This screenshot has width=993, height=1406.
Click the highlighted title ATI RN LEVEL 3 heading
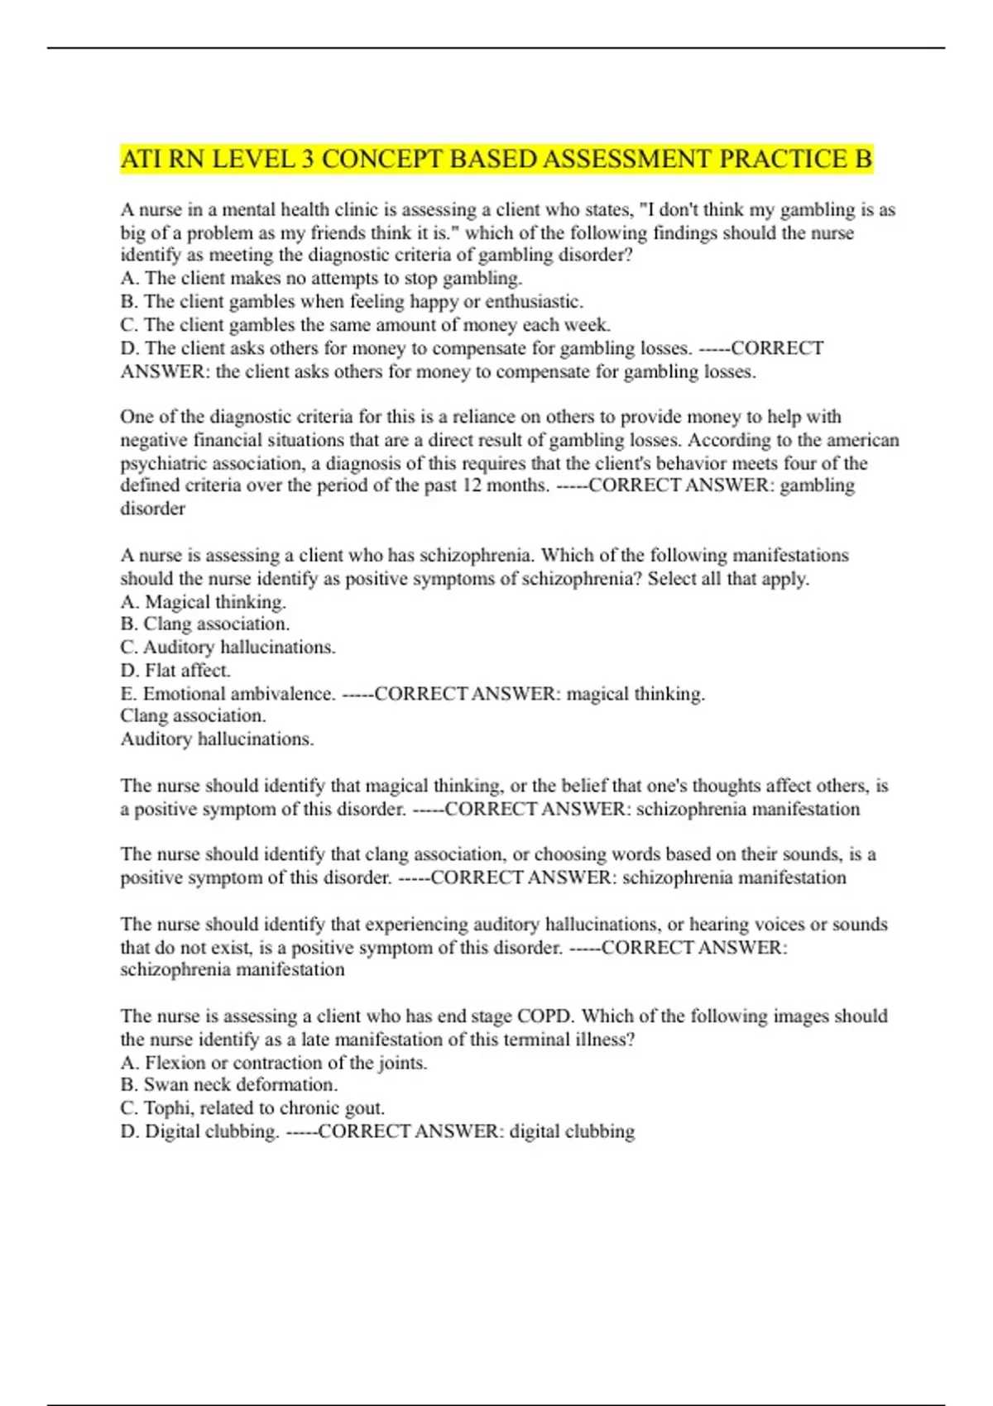tap(496, 159)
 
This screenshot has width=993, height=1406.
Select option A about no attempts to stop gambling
tap(321, 279)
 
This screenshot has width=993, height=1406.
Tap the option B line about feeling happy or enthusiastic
tap(352, 302)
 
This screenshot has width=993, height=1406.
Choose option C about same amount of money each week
tap(365, 325)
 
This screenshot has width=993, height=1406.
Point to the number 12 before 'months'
tap(472, 485)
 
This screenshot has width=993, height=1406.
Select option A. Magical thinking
tap(203, 601)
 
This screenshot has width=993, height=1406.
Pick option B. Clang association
tap(204, 624)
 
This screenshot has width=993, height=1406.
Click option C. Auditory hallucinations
tap(228, 648)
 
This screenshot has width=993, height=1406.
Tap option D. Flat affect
tap(175, 670)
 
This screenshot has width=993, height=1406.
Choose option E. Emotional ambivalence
tap(228, 694)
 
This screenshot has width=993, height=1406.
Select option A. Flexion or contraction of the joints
tap(273, 1063)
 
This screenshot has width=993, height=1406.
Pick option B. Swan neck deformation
tap(228, 1085)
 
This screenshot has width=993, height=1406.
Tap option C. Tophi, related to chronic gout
tap(252, 1108)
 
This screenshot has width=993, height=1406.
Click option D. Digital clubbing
tap(199, 1131)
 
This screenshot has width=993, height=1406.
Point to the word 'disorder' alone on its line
tap(152, 509)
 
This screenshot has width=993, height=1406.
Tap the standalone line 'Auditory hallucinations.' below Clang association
tap(217, 739)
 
